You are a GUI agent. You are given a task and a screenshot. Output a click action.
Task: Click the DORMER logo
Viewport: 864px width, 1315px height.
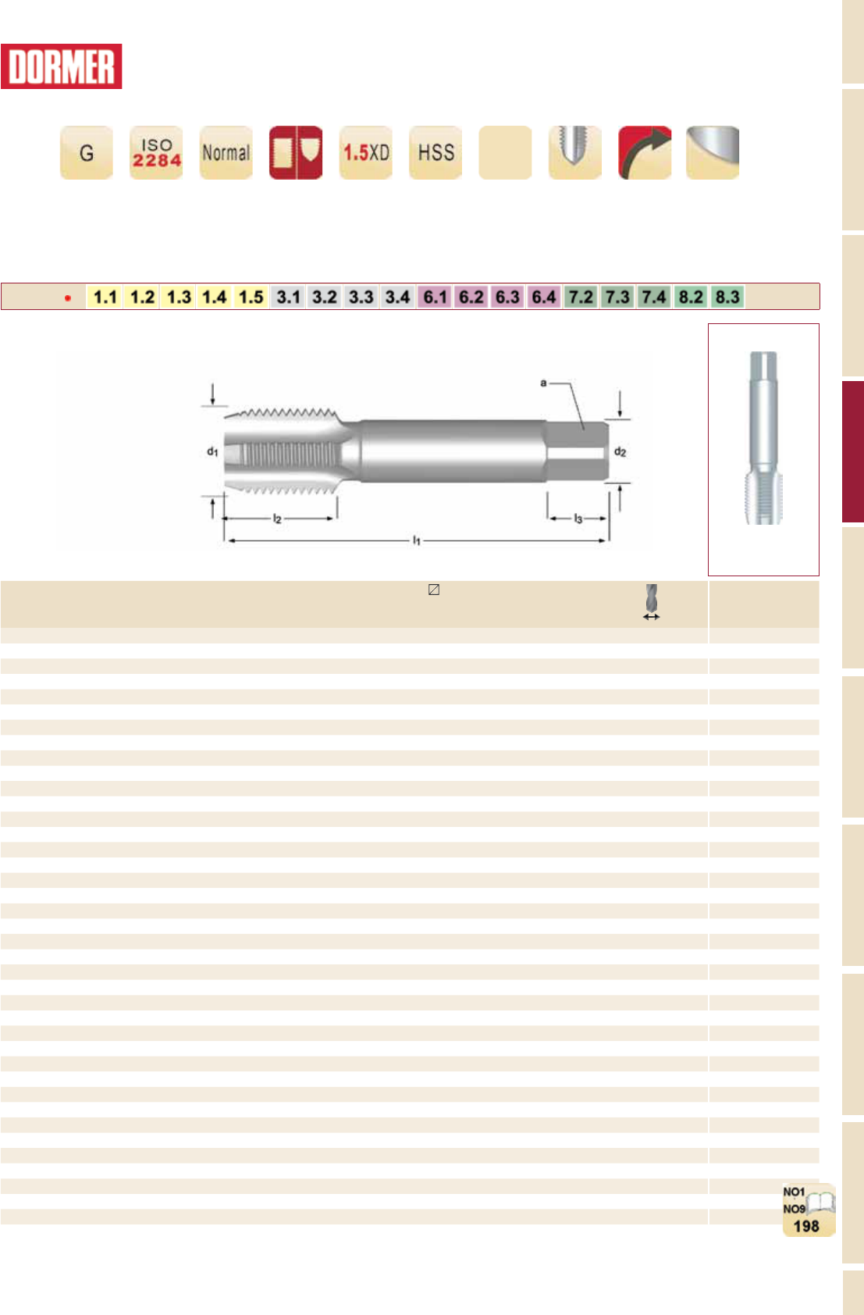coord(61,66)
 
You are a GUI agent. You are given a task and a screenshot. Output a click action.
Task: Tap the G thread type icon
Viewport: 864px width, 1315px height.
coord(87,152)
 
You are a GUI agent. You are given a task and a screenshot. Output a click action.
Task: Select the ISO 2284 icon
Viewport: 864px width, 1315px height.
coord(156,152)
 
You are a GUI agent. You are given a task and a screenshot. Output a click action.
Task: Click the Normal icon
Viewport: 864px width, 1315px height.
coord(226,152)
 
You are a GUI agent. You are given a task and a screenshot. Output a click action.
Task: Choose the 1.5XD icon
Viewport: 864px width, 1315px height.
coord(366,152)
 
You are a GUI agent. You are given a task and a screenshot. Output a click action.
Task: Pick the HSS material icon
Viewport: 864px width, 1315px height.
coord(436,152)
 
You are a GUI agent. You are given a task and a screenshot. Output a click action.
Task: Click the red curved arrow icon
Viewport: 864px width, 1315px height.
coord(645,152)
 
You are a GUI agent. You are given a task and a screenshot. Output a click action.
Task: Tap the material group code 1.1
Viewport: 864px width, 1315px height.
coord(105,297)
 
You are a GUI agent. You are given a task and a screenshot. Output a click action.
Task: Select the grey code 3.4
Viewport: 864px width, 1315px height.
coord(397,297)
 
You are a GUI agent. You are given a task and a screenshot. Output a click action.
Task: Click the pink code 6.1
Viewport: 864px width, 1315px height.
coord(435,297)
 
